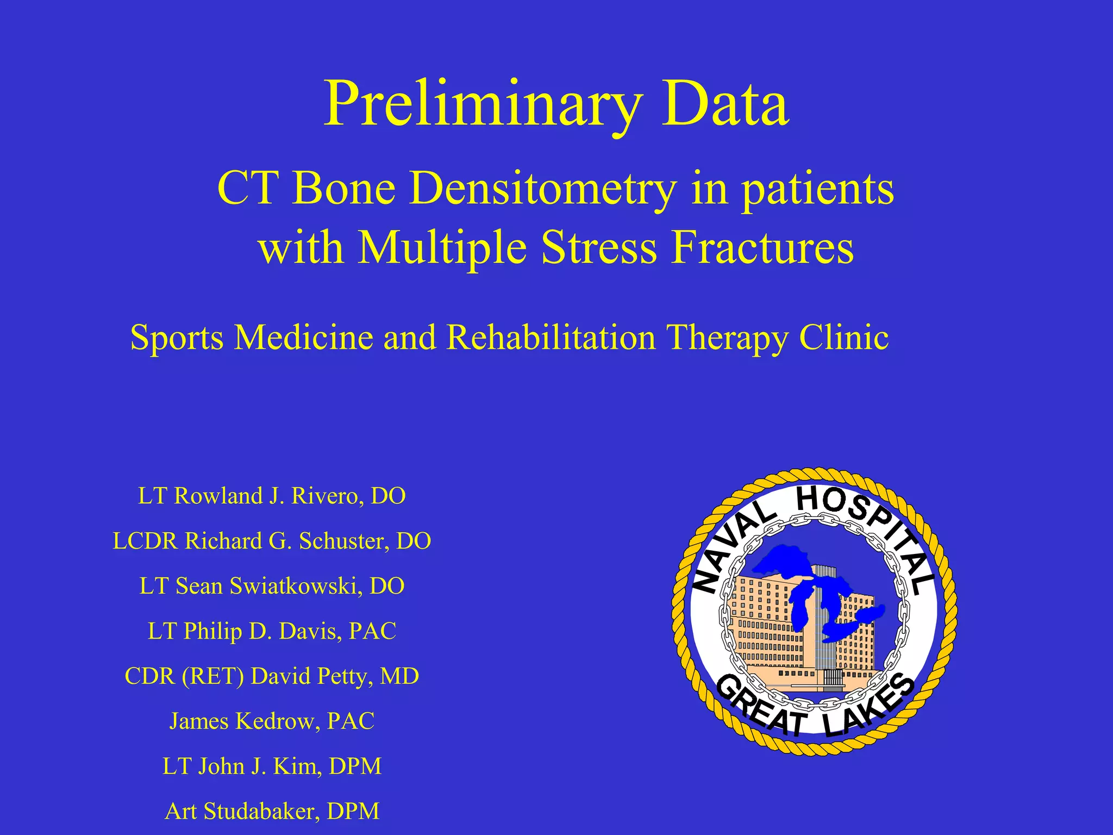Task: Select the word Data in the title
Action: click(726, 104)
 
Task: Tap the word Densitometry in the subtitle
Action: click(543, 189)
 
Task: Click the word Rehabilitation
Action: click(551, 337)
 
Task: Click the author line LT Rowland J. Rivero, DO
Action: click(272, 496)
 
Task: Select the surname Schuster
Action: click(343, 541)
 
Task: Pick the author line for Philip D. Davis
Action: click(272, 631)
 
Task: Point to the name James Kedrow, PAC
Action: click(272, 721)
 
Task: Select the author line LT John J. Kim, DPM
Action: click(272, 767)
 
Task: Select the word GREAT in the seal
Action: click(761, 707)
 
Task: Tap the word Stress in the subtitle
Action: click(599, 247)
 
